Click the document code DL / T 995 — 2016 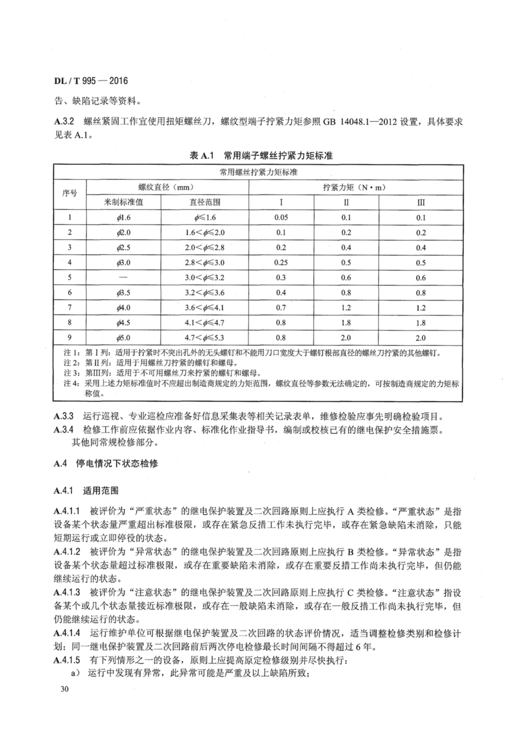click(91, 81)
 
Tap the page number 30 click(64, 689)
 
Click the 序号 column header click(70, 193)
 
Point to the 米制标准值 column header click(123, 202)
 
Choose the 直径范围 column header click(205, 202)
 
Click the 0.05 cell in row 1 click(281, 217)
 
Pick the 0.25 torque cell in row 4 click(281, 262)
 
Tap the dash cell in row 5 click(123, 277)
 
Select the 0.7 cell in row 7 click(281, 308)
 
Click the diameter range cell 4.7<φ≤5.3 click(205, 338)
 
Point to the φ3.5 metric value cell click(123, 293)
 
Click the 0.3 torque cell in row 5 click(281, 277)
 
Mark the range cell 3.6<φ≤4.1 click(205, 308)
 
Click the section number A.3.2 click(64, 122)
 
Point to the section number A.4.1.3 click(67, 592)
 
